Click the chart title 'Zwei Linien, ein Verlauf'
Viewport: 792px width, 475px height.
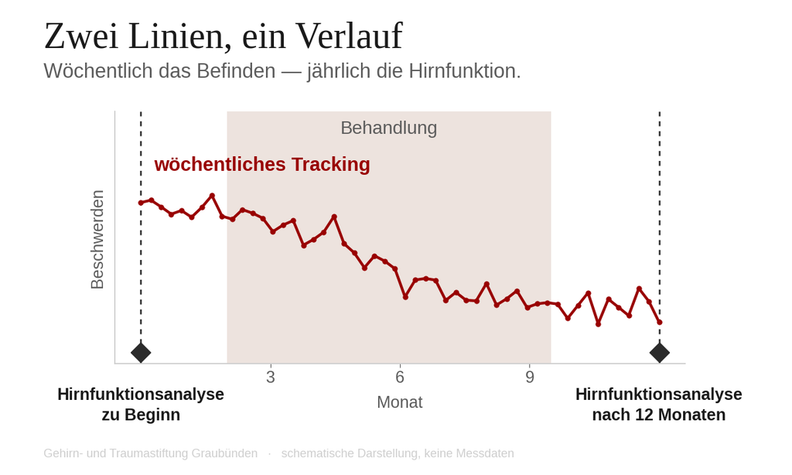pos(224,36)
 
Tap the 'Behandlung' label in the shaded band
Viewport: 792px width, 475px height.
pos(388,128)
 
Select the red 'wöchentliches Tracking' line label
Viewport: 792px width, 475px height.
pos(262,164)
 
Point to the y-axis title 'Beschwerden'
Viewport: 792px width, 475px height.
pos(97,240)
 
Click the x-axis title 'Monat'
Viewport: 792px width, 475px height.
pos(400,402)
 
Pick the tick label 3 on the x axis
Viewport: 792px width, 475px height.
pos(271,377)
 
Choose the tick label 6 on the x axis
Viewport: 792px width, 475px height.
pos(400,377)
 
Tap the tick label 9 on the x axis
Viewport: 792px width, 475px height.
pos(529,377)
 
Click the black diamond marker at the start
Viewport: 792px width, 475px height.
pos(141,352)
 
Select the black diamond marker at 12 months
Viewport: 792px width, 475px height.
pos(659,352)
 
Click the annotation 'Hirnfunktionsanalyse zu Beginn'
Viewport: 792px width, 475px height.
pos(141,405)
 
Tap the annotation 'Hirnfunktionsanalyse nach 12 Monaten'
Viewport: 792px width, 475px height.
pos(659,405)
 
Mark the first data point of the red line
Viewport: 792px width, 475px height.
pos(141,203)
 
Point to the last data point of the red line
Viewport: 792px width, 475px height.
pos(659,322)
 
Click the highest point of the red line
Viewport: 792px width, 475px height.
pos(212,196)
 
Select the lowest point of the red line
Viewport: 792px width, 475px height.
pos(599,324)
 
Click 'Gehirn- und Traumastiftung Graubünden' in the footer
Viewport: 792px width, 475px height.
pos(151,453)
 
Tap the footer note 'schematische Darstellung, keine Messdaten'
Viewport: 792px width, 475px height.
pos(398,453)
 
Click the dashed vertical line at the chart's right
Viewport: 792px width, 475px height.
pos(659,227)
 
